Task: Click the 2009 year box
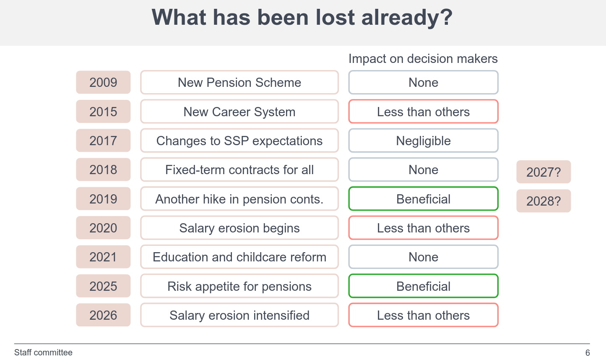tap(103, 82)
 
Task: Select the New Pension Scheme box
tap(239, 82)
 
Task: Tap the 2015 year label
tap(103, 112)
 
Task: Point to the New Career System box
tap(239, 112)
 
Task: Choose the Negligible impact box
tap(423, 141)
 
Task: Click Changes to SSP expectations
tap(239, 141)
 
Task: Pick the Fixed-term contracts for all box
tap(239, 170)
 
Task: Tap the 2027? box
tap(543, 172)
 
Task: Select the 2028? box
tap(543, 201)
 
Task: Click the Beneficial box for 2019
tap(423, 199)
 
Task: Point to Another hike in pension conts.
tap(239, 199)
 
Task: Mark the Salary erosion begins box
tap(239, 228)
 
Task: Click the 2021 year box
tap(103, 257)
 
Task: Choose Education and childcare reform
tap(239, 257)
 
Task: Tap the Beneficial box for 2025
tap(423, 286)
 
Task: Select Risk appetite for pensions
tap(239, 286)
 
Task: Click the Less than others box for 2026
tap(423, 315)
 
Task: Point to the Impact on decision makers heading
tap(423, 59)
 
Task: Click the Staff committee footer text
tap(43, 352)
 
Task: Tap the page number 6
tap(588, 353)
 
